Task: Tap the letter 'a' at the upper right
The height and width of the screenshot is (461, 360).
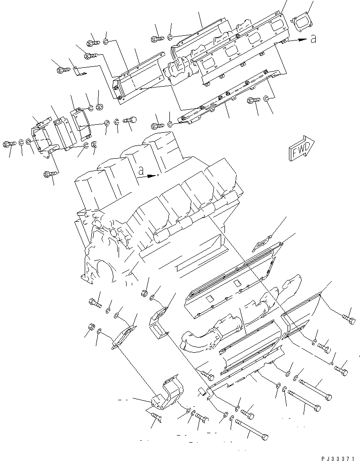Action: pyautogui.click(x=313, y=40)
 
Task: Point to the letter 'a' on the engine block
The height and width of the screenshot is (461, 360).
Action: pyautogui.click(x=140, y=172)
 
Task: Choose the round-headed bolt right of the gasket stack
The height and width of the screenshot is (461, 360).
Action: pyautogui.click(x=129, y=121)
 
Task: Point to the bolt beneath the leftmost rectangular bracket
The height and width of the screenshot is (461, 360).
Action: pyautogui.click(x=51, y=174)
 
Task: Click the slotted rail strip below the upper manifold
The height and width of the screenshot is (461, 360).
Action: pyautogui.click(x=221, y=99)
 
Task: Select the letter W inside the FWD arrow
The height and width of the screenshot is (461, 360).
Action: pyautogui.click(x=300, y=150)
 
